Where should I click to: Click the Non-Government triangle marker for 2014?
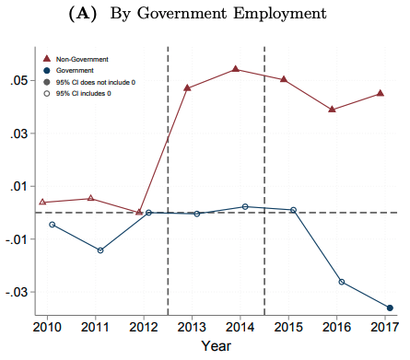[x=235, y=69]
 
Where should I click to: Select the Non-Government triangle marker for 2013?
[x=187, y=87]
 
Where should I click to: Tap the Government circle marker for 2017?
[x=390, y=308]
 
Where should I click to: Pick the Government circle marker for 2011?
[x=100, y=250]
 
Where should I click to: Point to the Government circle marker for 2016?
[x=342, y=282]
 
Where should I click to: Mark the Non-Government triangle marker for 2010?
[x=42, y=202]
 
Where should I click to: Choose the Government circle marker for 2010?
[x=53, y=225]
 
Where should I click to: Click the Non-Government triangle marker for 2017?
[x=380, y=93]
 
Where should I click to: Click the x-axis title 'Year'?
[x=217, y=346]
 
